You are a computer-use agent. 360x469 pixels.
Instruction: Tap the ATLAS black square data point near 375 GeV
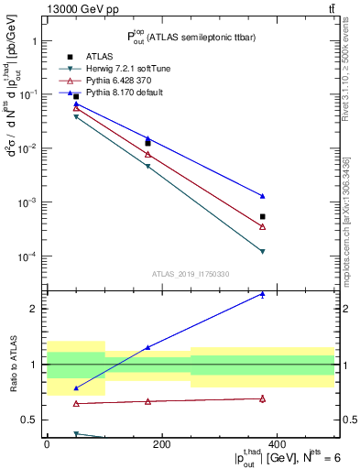click(x=263, y=217)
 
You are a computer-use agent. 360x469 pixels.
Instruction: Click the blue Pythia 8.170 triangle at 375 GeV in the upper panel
click(x=263, y=196)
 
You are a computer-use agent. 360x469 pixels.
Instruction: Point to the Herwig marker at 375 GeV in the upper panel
click(x=263, y=252)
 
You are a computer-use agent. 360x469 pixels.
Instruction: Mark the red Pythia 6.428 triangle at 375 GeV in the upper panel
click(x=263, y=226)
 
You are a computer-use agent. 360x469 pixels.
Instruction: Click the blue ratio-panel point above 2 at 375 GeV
click(x=263, y=294)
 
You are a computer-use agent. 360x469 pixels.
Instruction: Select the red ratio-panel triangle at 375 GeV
click(x=263, y=398)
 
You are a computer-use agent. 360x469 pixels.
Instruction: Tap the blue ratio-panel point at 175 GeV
click(x=148, y=347)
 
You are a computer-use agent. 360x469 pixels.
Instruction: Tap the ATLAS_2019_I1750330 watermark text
click(x=191, y=273)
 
